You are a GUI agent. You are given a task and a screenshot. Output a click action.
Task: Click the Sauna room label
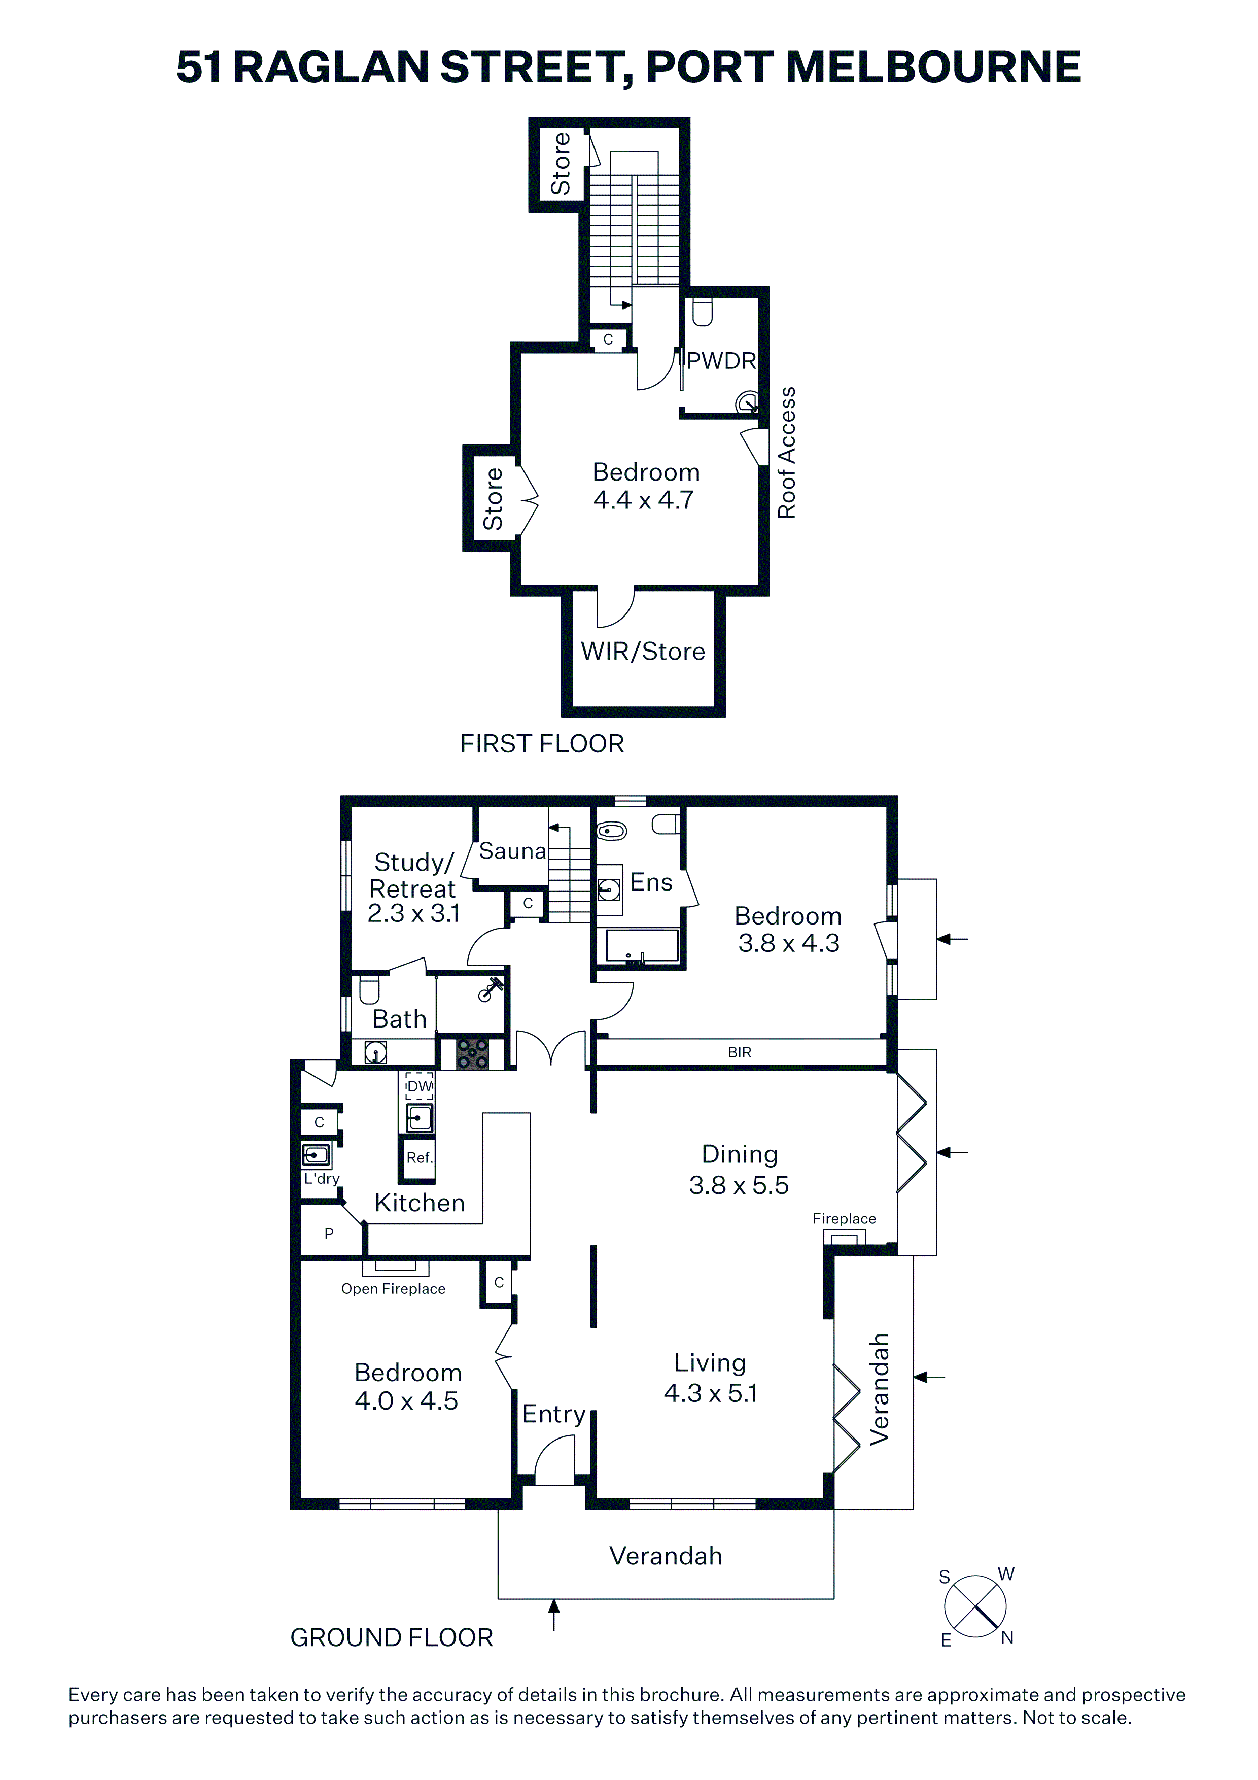point(512,851)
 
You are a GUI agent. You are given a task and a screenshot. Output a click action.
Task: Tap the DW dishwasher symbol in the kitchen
point(420,1086)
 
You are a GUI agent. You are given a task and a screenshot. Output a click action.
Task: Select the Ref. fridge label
point(420,1157)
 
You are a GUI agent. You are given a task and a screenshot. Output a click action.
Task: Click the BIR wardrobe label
point(740,1052)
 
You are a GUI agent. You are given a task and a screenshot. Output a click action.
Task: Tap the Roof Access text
point(787,452)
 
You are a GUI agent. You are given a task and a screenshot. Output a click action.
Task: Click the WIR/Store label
point(643,651)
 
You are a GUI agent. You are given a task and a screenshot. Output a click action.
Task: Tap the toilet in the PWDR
point(702,312)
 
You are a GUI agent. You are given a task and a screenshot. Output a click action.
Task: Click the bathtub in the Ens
point(642,946)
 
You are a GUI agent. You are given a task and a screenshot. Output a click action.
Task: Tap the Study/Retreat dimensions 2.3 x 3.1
point(413,913)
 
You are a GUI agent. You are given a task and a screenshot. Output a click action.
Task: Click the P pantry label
point(329,1234)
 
